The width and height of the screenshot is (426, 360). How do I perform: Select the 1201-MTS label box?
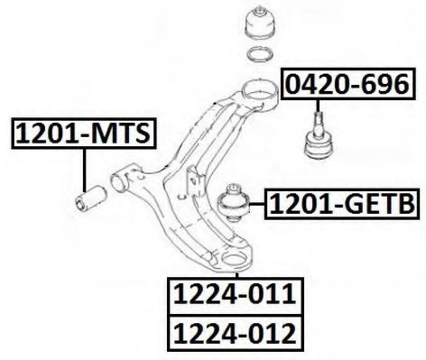(82, 135)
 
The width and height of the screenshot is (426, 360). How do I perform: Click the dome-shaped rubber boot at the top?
(256, 23)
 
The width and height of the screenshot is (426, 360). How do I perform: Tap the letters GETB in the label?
(370, 207)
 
